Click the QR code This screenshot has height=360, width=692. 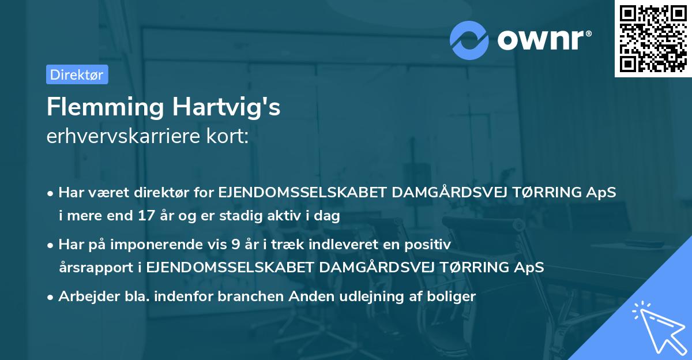653,38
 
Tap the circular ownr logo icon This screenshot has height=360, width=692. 469,40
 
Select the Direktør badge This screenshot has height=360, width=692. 77,74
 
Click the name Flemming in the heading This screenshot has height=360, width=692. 104,108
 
